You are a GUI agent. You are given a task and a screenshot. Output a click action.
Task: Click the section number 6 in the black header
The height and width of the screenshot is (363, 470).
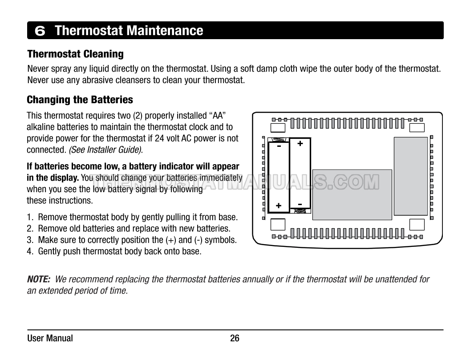(x=40, y=31)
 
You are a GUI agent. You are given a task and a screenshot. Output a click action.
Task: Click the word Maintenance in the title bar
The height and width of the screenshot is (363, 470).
(x=165, y=31)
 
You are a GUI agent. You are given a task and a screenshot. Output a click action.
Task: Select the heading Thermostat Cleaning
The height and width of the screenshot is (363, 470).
(x=75, y=54)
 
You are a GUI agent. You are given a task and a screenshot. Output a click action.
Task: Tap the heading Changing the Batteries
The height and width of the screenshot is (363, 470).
(x=80, y=100)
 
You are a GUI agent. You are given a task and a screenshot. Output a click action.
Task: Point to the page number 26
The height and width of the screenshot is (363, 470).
(x=235, y=338)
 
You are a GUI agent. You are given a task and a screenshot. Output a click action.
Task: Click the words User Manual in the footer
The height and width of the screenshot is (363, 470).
(x=50, y=338)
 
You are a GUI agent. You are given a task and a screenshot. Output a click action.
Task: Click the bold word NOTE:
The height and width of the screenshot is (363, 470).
(x=39, y=279)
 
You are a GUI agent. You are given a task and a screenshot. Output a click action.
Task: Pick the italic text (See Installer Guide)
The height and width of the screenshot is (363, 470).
(x=105, y=150)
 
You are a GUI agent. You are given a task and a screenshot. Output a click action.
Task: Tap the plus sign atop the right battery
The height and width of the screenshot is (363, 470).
(x=300, y=143)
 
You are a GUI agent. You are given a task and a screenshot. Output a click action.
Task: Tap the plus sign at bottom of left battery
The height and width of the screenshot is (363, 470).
(x=279, y=206)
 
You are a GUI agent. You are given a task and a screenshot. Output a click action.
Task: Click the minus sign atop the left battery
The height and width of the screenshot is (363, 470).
(x=279, y=146)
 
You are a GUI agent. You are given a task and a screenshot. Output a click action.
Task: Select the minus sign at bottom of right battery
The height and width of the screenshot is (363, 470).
(x=300, y=204)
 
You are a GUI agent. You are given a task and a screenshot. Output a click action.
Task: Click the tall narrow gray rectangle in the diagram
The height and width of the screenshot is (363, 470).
(x=411, y=176)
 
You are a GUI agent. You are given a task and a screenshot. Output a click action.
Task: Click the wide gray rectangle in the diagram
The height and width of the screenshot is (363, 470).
(x=352, y=195)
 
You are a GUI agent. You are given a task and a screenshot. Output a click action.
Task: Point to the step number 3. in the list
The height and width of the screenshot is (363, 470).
(x=30, y=240)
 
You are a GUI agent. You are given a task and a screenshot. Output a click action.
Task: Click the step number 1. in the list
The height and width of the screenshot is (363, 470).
(x=30, y=217)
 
